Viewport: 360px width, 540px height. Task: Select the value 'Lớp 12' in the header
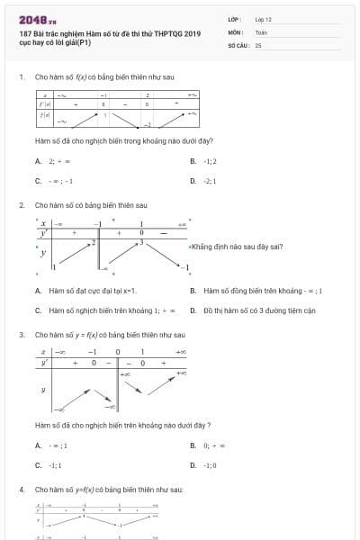(x=264, y=18)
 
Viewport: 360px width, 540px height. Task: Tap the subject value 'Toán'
(x=261, y=31)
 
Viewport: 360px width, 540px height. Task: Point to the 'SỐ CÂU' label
(x=238, y=44)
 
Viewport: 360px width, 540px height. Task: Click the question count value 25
(x=258, y=44)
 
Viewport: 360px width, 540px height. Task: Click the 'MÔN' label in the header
(x=235, y=31)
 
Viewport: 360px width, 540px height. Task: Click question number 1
(x=21, y=76)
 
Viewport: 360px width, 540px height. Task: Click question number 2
(x=21, y=205)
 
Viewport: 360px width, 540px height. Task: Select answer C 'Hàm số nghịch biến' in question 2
(x=99, y=310)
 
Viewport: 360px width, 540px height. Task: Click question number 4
(x=21, y=489)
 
